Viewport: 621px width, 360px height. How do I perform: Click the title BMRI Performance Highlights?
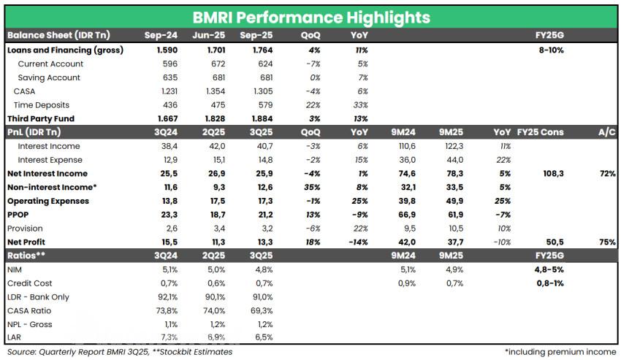coord(310,17)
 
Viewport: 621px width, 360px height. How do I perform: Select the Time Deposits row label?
coord(43,105)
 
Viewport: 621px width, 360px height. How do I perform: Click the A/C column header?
coord(606,132)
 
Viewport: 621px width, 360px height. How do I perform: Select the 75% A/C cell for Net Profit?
coord(607,242)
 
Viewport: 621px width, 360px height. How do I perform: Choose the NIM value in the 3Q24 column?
coord(169,269)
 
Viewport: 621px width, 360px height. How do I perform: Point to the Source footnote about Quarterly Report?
coord(120,352)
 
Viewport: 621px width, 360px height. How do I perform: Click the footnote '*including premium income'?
coord(559,352)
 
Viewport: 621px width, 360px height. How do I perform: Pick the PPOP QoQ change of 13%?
coord(311,215)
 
